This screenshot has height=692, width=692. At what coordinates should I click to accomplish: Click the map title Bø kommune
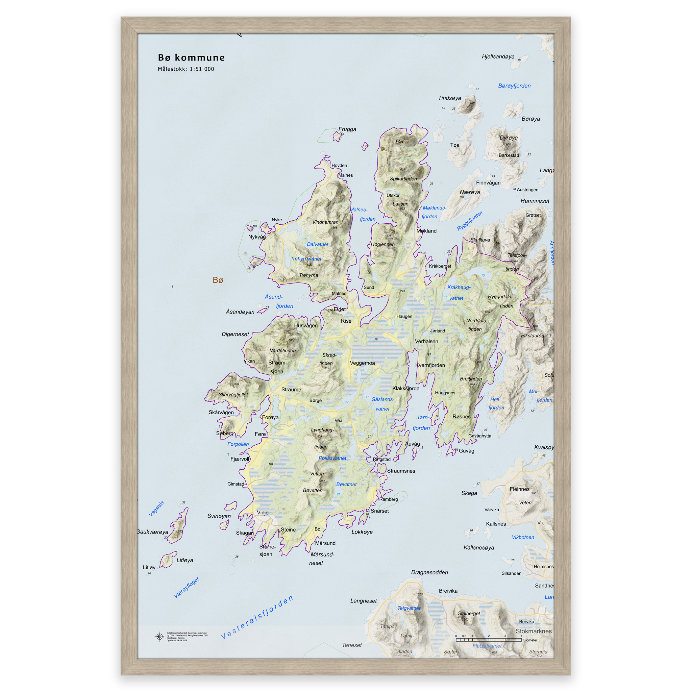coord(191,58)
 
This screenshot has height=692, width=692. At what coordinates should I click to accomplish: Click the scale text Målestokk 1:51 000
coord(186,69)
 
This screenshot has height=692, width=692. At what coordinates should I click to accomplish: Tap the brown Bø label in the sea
coord(218,280)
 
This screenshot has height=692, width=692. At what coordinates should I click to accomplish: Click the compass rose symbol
coord(159,637)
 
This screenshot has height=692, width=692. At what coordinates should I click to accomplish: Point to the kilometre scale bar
coord(489,640)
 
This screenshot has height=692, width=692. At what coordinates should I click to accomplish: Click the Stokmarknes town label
coord(533,631)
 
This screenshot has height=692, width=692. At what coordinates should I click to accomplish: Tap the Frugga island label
coord(347,129)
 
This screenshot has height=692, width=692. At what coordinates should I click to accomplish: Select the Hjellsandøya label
coord(498,56)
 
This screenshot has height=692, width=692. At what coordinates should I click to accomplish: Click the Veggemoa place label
coord(362,363)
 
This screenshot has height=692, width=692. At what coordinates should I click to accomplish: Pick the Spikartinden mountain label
coord(403,179)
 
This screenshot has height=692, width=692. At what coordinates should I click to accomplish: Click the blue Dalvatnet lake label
coord(317,244)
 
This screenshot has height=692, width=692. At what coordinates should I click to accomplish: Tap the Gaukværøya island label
coord(153,532)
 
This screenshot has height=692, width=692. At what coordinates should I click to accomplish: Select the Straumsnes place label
coord(401,471)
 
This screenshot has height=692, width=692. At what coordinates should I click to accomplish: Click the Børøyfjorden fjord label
coord(514,86)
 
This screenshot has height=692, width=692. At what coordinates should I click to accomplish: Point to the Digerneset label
coord(235,335)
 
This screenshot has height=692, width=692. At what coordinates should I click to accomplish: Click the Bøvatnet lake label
coord(346,484)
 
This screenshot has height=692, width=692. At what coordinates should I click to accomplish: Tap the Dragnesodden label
coord(429,572)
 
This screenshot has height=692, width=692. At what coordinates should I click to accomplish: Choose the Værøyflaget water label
coord(186,587)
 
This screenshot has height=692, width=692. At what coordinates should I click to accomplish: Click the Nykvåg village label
coord(257,237)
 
